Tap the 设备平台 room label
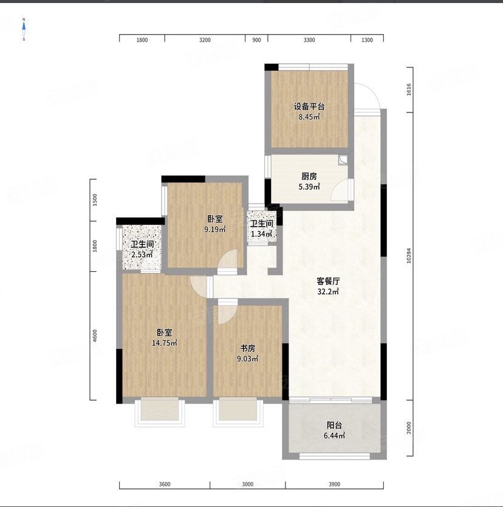tap(309, 106)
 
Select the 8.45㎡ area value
tap(309, 117)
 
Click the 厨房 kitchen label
tap(309, 176)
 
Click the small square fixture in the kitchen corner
tap(343, 160)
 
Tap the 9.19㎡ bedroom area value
tap(215, 230)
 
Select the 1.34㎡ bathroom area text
tap(262, 234)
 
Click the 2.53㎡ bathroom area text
tap(142, 255)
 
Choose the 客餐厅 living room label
tap(328, 281)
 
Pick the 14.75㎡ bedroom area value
tap(165, 343)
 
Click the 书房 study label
tap(247, 348)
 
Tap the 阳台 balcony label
tap(334, 425)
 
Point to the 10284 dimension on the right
tap(409, 255)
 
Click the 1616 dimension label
tap(409, 89)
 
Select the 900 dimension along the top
tap(256, 40)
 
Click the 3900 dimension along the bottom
tap(335, 484)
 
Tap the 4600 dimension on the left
tap(95, 336)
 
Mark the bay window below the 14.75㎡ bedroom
tap(160, 412)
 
